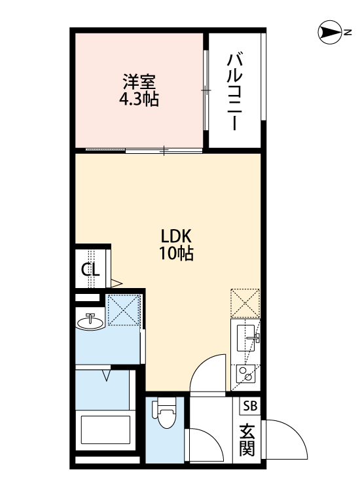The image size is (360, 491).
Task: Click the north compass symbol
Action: click(330, 32)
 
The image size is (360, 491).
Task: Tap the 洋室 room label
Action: click(139, 84)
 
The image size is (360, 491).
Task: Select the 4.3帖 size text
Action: click(139, 100)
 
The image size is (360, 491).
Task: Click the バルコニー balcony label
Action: click(234, 92)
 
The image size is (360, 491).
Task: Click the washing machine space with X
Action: click(124, 310)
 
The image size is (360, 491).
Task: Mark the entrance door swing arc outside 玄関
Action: click(288, 439)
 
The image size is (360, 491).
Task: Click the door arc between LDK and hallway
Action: click(208, 374)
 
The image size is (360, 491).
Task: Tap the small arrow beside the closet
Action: click(117, 283)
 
